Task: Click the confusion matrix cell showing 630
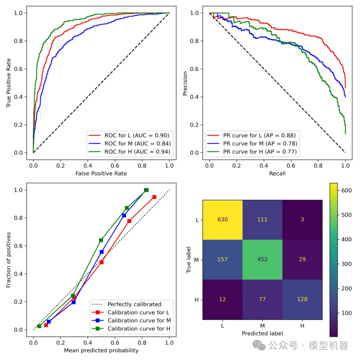click(x=222, y=220)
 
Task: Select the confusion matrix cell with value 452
click(x=262, y=259)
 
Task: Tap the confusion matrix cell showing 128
click(x=302, y=299)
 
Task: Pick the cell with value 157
click(x=222, y=259)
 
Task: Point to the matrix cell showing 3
click(x=302, y=220)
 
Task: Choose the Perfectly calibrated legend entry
click(x=134, y=304)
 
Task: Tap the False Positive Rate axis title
click(x=101, y=173)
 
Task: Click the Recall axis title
click(x=277, y=173)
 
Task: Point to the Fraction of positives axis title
click(x=9, y=260)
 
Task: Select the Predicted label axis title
click(x=262, y=333)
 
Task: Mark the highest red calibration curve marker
click(x=154, y=197)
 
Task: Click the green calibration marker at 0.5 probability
click(x=101, y=240)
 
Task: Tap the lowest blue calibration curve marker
click(x=49, y=322)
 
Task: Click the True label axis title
click(x=189, y=260)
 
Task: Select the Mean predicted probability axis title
click(x=101, y=350)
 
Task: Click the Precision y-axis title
click(x=185, y=83)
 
